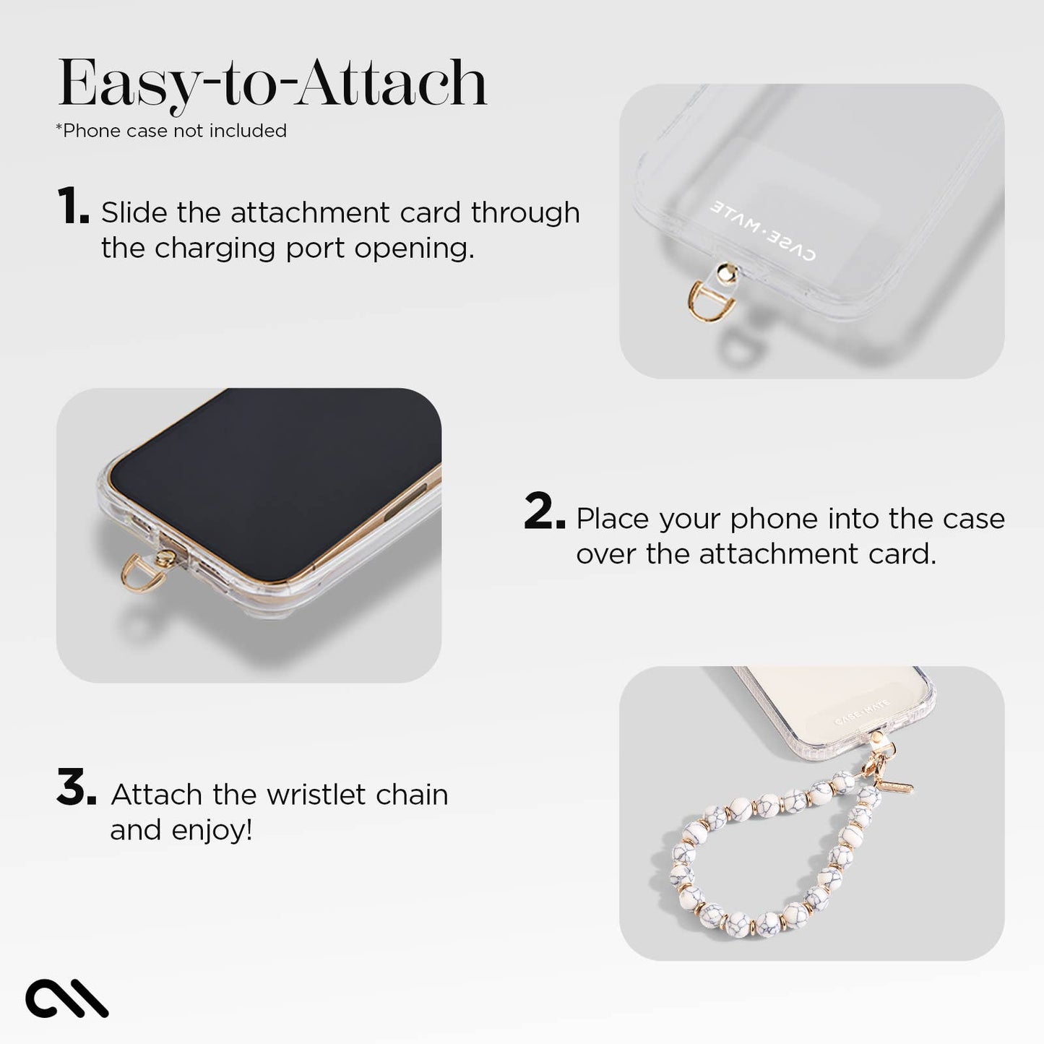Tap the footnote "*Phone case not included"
coord(171,131)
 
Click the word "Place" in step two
coord(613,519)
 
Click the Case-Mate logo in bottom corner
coord(66,999)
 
